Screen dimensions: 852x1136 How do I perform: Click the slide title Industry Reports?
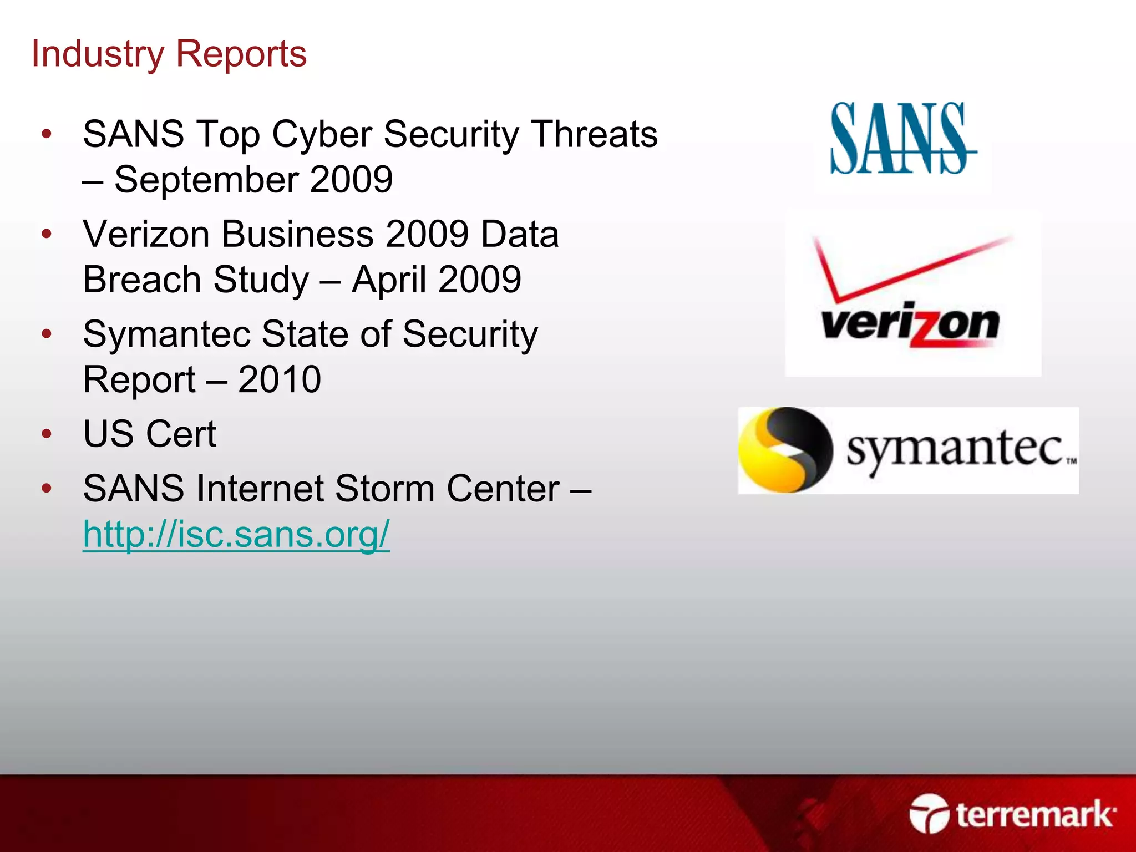coord(169,54)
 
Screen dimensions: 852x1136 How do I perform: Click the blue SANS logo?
coord(901,139)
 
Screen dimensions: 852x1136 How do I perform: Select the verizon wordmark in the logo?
coord(910,324)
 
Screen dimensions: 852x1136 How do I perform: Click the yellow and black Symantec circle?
coord(785,450)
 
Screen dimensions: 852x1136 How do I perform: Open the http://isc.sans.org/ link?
coord(236,534)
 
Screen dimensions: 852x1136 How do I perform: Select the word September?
coord(207,180)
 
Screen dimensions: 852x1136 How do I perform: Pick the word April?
coord(388,280)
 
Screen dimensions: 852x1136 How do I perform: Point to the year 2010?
coord(280,380)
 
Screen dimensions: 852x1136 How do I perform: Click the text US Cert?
coord(149,434)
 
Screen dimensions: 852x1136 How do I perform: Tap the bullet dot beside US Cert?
coord(47,434)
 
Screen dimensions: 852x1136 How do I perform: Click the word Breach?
coord(141,280)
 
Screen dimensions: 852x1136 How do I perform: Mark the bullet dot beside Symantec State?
coord(47,334)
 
